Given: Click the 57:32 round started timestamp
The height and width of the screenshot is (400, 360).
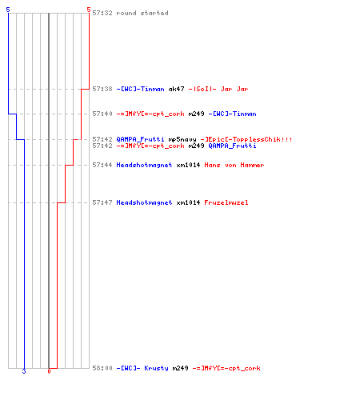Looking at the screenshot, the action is [x=102, y=13].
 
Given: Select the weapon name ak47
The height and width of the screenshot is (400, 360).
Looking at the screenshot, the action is [x=176, y=89].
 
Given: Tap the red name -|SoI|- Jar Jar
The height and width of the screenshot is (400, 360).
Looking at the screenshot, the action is [x=218, y=89].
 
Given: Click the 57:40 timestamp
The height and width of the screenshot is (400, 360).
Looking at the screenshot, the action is [x=102, y=114].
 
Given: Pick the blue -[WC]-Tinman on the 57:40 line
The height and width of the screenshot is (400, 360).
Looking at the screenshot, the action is [x=232, y=114].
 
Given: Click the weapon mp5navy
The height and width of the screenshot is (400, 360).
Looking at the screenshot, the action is [x=182, y=139].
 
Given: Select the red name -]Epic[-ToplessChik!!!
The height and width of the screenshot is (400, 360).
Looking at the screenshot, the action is [x=246, y=139].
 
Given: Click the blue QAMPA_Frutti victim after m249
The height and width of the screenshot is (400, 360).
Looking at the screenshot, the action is [x=232, y=146].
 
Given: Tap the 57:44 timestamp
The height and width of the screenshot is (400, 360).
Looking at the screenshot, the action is [x=102, y=165].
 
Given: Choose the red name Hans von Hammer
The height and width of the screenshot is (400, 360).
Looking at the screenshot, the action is [x=234, y=165].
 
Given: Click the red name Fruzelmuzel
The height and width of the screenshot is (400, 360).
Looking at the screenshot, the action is [x=226, y=202].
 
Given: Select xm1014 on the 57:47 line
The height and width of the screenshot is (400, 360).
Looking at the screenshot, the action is [x=188, y=202].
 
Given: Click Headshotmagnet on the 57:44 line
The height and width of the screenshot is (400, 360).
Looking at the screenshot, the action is [x=144, y=165].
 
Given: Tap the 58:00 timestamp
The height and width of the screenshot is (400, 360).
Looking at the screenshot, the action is [x=102, y=368].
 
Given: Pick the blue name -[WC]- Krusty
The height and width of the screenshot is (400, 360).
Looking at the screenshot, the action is [x=142, y=368].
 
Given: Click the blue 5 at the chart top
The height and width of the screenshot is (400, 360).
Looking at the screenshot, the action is [x=8, y=10].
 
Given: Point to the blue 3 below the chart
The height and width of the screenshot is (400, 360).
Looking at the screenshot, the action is [x=24, y=371].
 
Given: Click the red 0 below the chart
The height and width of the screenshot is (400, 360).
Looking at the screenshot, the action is [x=49, y=371].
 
